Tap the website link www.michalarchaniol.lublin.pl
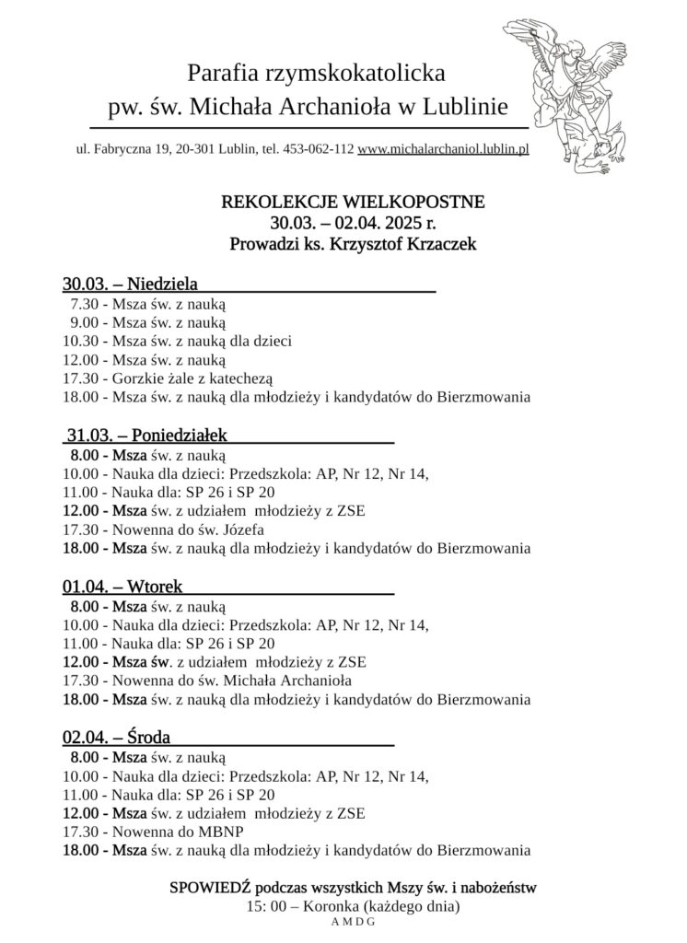442,148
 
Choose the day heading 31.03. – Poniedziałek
147,434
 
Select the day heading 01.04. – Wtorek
122,586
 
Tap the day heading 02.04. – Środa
117,737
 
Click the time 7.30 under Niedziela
83,302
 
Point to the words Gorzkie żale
156,378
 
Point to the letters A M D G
354,922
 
